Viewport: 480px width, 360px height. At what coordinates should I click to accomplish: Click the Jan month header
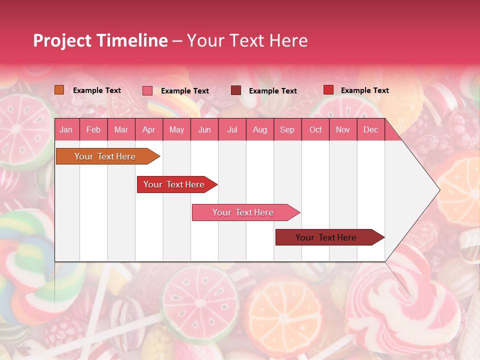66,129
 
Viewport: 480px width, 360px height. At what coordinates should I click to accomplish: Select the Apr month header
149,129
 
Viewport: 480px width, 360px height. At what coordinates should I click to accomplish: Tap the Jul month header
232,129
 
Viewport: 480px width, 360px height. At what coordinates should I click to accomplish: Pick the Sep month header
287,129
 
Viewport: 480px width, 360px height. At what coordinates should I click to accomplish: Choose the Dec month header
370,129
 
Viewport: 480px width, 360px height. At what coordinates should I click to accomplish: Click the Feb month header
93,129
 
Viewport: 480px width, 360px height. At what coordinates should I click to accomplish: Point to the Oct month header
315,129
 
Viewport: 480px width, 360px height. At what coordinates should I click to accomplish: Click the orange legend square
59,90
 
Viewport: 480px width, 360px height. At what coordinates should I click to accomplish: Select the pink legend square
147,90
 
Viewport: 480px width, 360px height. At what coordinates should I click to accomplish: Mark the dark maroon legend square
236,90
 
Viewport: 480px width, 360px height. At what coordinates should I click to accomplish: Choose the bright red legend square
328,90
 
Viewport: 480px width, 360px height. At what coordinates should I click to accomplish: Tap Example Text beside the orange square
97,90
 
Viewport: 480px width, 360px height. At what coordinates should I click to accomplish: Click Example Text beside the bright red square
365,90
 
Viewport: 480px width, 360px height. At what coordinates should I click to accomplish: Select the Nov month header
343,129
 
